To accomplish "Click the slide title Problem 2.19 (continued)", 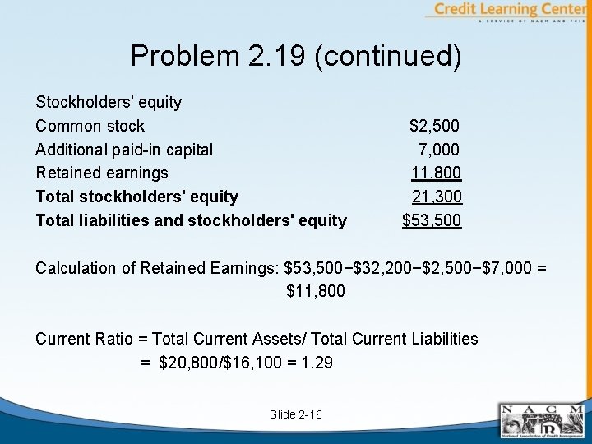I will click(x=296, y=56).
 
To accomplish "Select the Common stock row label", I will click(x=90, y=126).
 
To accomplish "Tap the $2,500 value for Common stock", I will click(x=435, y=126).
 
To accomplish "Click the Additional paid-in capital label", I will click(x=124, y=150).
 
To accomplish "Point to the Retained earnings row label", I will click(x=102, y=173).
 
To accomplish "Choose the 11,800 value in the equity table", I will click(x=437, y=173).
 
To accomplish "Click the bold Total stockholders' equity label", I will click(x=137, y=197).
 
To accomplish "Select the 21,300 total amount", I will click(x=437, y=197).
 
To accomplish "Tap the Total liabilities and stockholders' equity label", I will click(x=191, y=220).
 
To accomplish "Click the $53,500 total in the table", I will click(x=432, y=220).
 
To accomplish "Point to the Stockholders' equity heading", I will click(x=109, y=103).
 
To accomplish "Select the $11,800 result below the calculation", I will click(x=316, y=291).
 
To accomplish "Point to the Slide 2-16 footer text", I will click(x=296, y=414).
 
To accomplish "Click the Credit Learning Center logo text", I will click(x=510, y=10).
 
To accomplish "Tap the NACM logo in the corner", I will click(x=543, y=421).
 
